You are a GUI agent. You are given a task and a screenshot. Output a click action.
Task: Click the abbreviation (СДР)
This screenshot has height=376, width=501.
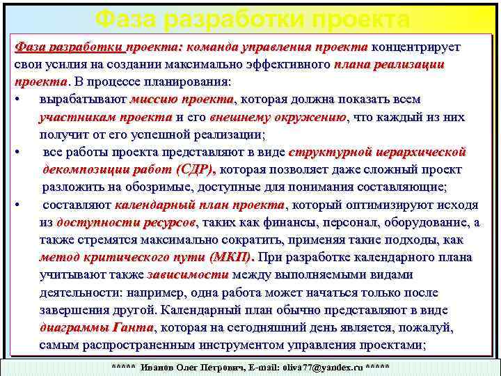(196, 169)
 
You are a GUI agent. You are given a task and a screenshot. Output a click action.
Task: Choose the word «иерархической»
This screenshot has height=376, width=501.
(422, 152)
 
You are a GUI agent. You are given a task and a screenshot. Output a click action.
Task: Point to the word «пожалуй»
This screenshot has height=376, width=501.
(430, 327)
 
